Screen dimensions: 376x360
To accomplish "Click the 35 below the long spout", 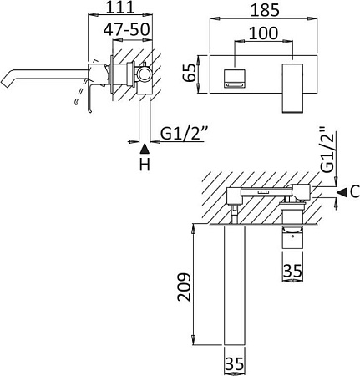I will tap(234, 364).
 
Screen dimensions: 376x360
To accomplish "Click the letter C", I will tap(354, 192).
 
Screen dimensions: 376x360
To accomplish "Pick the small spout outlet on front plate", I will tap(235, 78).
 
